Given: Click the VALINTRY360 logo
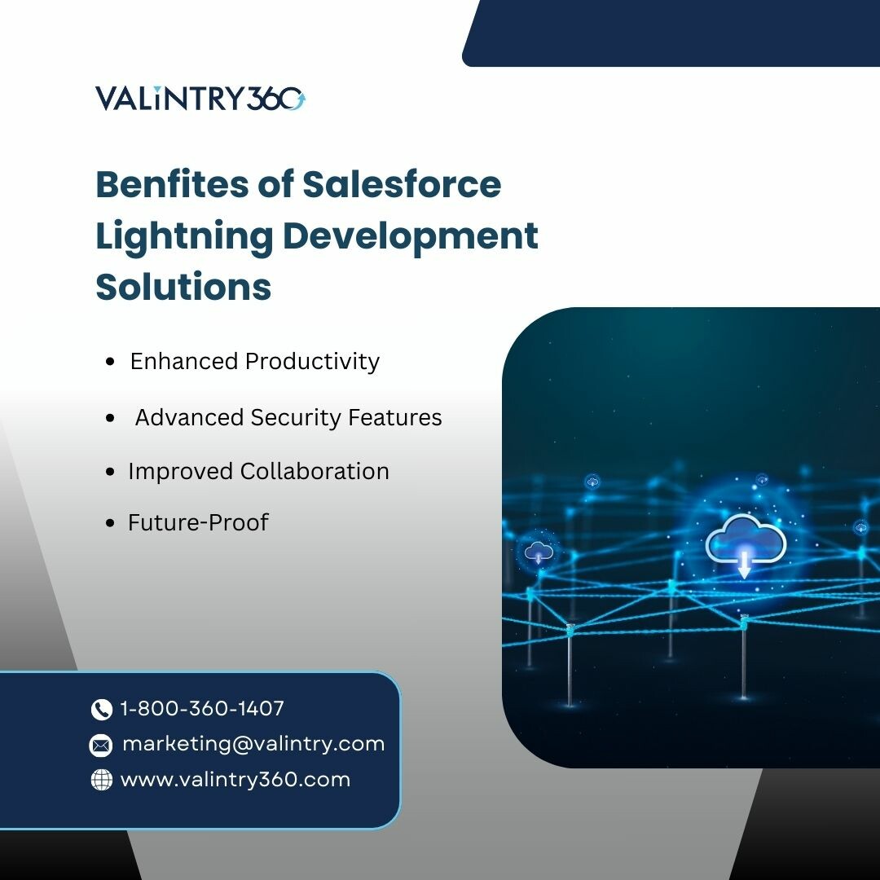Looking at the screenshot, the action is pyautogui.click(x=200, y=99).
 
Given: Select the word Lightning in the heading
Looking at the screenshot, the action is pyautogui.click(x=185, y=237).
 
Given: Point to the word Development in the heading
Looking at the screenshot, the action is pyautogui.click(x=410, y=237).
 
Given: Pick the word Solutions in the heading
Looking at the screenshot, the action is pyautogui.click(x=183, y=287).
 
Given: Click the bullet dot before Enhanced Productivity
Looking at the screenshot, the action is pyautogui.click(x=110, y=362).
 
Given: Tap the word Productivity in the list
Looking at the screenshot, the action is pyautogui.click(x=313, y=362).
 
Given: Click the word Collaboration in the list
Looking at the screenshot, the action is pyautogui.click(x=315, y=472).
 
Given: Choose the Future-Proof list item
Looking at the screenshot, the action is pyautogui.click(x=198, y=522).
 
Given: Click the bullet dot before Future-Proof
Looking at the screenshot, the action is pyautogui.click(x=110, y=523).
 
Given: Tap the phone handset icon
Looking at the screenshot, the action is pyautogui.click(x=102, y=710).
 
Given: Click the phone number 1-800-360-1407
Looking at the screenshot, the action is pyautogui.click(x=202, y=708).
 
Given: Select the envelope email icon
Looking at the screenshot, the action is pyautogui.click(x=101, y=746).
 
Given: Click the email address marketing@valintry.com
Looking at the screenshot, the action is pyautogui.click(x=253, y=744).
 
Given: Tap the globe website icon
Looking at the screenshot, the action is pyautogui.click(x=102, y=780).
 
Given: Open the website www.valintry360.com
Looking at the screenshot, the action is pyautogui.click(x=235, y=780).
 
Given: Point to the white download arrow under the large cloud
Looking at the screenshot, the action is pyautogui.click(x=744, y=565).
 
